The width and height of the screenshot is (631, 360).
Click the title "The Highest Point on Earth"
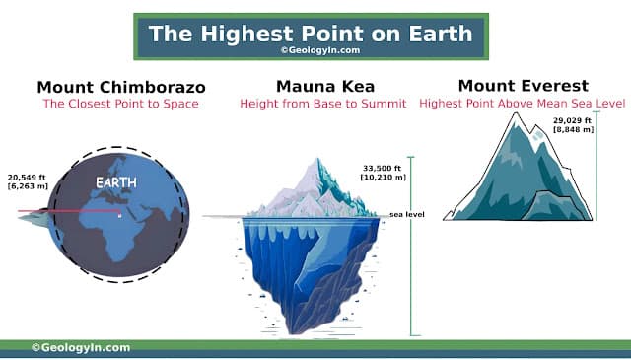click(x=312, y=32)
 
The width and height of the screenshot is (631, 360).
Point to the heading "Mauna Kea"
click(x=312, y=87)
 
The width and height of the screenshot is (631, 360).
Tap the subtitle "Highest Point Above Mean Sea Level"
click(x=523, y=103)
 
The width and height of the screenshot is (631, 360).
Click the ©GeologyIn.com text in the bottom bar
click(x=81, y=347)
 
